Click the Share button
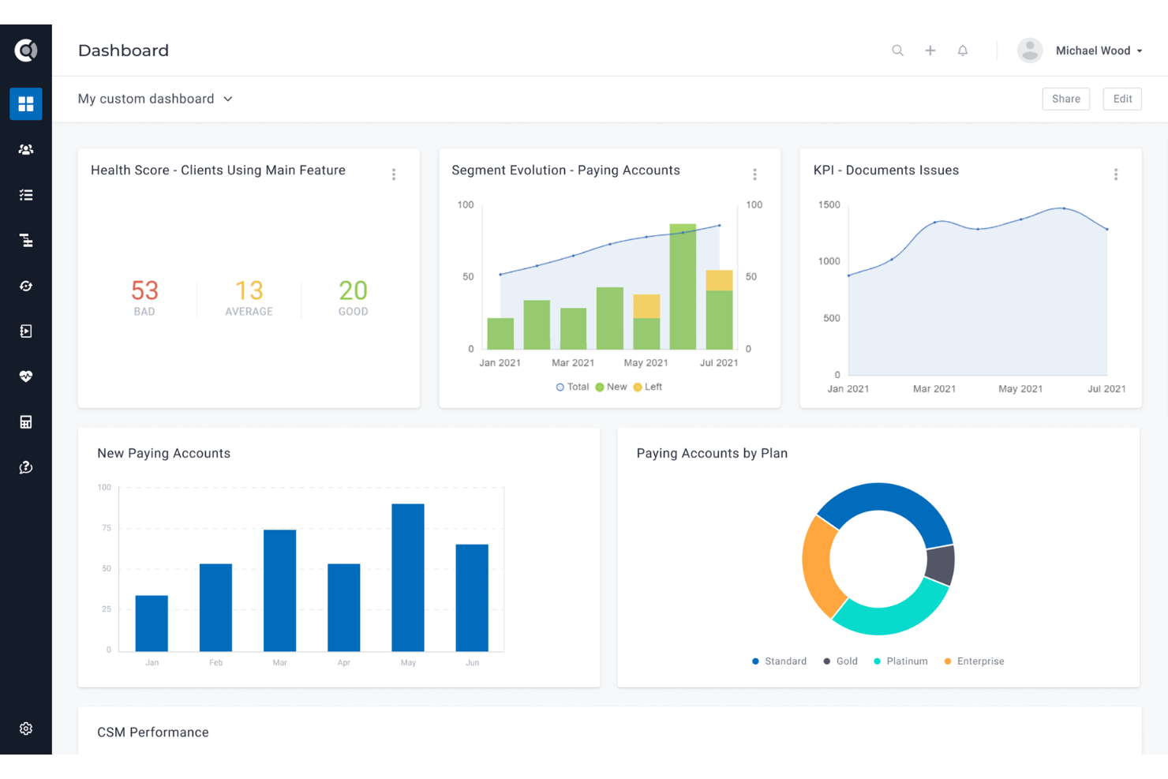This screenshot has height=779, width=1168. pos(1065,99)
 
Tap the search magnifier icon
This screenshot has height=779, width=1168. pos(897,51)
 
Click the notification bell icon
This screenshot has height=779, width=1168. pos(962,51)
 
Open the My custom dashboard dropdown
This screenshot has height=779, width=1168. pos(155,99)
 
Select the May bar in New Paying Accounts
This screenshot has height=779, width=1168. pos(407,577)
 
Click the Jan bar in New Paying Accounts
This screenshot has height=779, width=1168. pos(152,623)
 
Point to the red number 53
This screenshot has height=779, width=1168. pos(144,290)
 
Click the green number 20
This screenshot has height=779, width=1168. pos(353,290)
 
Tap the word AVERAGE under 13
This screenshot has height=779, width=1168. pos(249,312)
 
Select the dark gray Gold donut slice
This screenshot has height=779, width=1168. pos(940,564)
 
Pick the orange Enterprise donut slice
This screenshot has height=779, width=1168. pos(821,565)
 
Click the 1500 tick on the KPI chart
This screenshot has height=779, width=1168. pos(829,204)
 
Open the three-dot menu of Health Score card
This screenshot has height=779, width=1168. pos(394,174)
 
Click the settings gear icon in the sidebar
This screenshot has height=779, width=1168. pos(26,728)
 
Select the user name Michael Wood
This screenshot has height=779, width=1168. pos(1093,51)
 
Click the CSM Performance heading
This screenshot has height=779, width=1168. pos(153,732)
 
